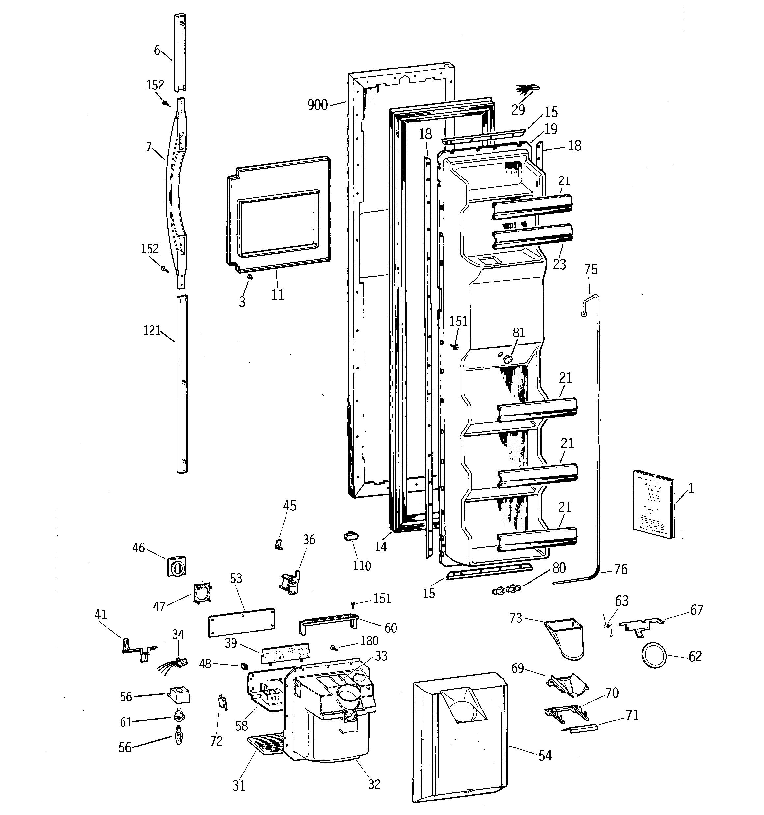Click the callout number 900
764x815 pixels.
click(317, 105)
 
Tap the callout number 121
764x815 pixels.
click(152, 330)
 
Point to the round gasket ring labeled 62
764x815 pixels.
click(654, 656)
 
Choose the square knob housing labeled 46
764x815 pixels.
click(176, 566)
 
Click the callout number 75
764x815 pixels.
click(591, 269)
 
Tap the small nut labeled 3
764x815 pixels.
click(250, 278)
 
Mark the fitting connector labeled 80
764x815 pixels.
click(506, 590)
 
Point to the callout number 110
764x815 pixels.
click(362, 566)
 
